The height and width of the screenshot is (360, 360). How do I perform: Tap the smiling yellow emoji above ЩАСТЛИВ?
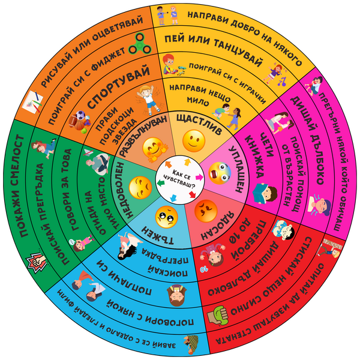(x=193, y=142)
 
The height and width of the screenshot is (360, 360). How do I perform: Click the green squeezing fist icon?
(x=217, y=312)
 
